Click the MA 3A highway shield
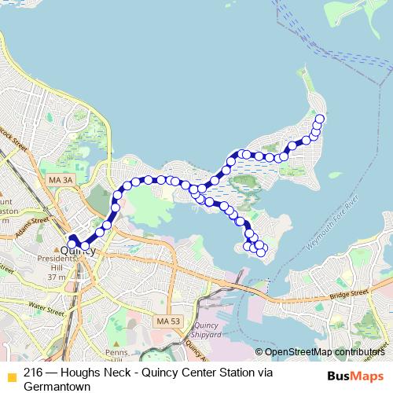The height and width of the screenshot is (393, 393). pyautogui.click(x=60, y=181)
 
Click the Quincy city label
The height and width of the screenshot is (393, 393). pyautogui.click(x=78, y=251)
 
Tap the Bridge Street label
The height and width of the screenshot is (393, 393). pyautogui.click(x=349, y=294)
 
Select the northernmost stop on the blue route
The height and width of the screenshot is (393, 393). pyautogui.click(x=319, y=119)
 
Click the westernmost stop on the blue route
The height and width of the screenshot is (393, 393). pyautogui.click(x=72, y=243)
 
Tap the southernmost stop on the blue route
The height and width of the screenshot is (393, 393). pyautogui.click(x=261, y=252)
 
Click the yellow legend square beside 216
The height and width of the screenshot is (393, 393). pyautogui.click(x=11, y=375)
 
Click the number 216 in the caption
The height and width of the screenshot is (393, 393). pyautogui.click(x=33, y=373)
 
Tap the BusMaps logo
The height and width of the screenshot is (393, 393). pyautogui.click(x=355, y=375)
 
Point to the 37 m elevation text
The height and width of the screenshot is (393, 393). pyautogui.click(x=56, y=277)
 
